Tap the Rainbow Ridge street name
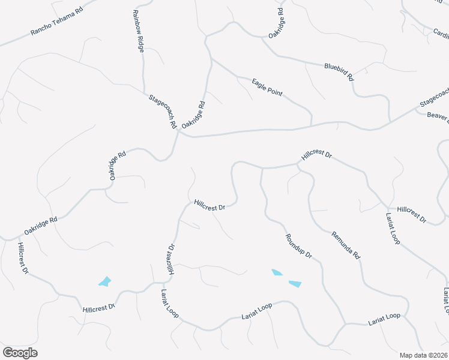click(x=138, y=31)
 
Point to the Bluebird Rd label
click(x=339, y=71)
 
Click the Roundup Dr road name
click(x=298, y=246)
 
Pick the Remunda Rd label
click(x=346, y=245)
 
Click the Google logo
click(x=20, y=353)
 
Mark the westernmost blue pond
click(x=105, y=281)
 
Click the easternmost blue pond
click(x=295, y=283)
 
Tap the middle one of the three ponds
click(x=277, y=272)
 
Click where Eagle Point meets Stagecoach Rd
click(x=311, y=126)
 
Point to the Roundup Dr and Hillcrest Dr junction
click(x=261, y=168)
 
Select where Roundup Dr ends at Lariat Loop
click(x=345, y=325)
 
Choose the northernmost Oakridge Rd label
click(x=276, y=24)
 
